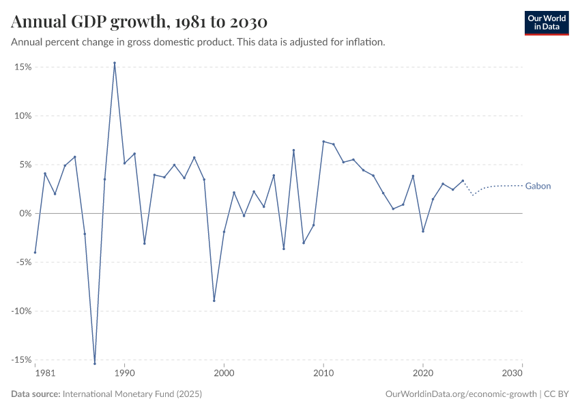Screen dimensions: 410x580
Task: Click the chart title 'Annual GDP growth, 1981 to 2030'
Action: (139, 22)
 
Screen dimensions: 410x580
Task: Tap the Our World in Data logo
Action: (546, 23)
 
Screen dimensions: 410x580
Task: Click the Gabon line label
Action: (538, 186)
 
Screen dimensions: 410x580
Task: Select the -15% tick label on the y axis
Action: (23, 359)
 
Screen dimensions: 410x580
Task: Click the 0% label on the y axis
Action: (26, 213)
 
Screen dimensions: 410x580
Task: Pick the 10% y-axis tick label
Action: (24, 116)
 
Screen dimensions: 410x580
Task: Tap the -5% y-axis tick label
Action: (24, 262)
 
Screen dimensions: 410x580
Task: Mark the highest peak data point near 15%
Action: (115, 63)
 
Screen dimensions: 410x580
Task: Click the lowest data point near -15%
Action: (95, 364)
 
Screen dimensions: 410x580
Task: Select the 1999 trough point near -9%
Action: (214, 301)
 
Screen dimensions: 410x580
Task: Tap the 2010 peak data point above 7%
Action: (323, 141)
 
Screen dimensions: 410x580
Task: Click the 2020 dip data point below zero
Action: (423, 231)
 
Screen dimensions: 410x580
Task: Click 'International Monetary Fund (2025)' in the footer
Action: (132, 394)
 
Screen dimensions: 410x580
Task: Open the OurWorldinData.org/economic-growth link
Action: (461, 394)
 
